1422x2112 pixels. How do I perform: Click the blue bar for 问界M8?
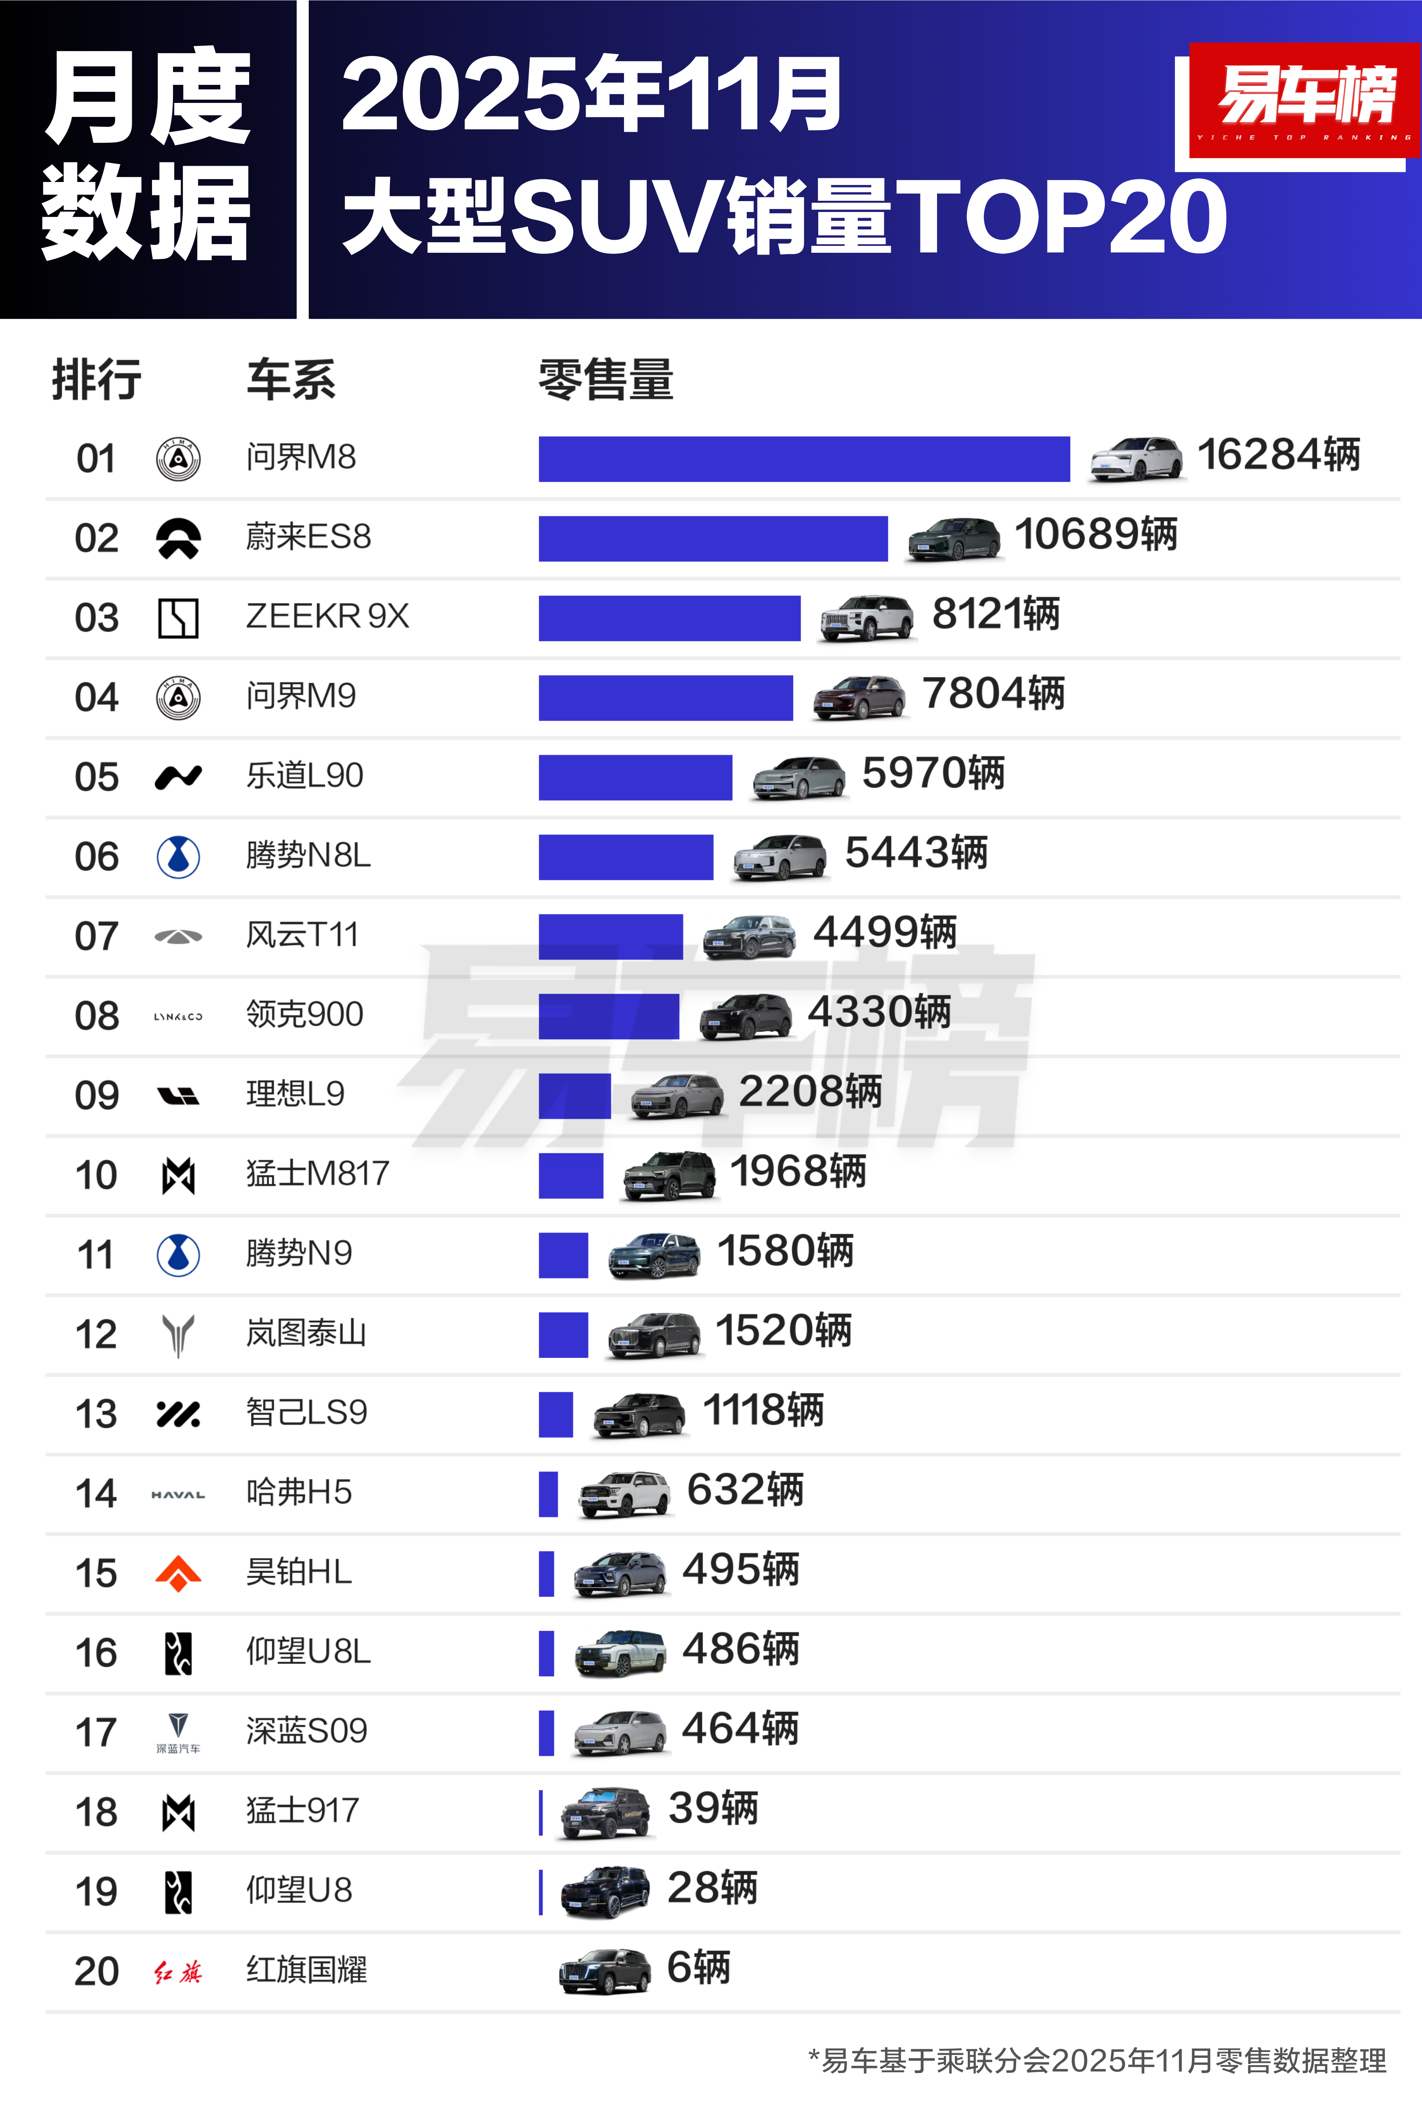tap(803, 459)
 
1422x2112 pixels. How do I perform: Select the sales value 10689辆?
tap(1096, 534)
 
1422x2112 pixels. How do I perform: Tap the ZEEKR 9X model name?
tap(328, 617)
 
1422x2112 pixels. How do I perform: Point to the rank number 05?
tap(96, 777)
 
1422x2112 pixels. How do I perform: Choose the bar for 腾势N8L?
tap(626, 857)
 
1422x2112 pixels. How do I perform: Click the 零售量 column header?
tap(606, 379)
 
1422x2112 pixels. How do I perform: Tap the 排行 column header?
tap(96, 379)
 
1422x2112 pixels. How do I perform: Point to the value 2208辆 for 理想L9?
tap(810, 1092)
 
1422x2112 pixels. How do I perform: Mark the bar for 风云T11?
tap(610, 937)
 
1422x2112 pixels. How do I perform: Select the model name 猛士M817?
tap(317, 1174)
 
